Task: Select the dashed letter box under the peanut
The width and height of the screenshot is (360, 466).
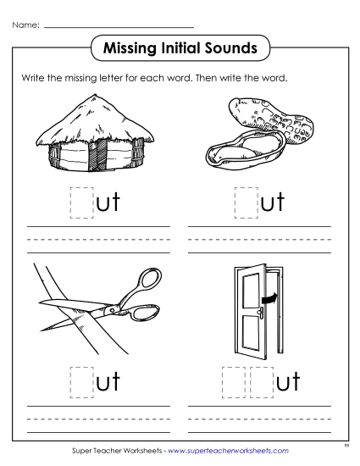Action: coord(245,204)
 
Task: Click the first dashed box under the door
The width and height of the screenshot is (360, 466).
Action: coord(232,380)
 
